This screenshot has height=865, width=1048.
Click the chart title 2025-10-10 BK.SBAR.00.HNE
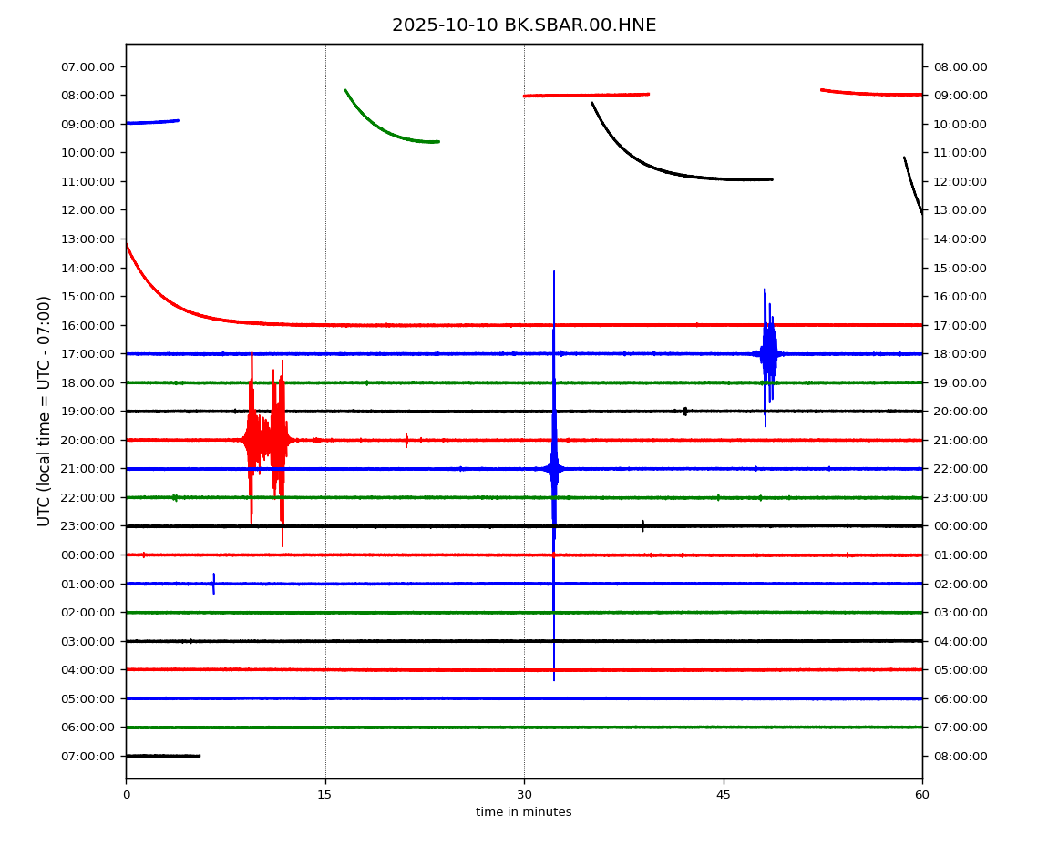click(x=524, y=25)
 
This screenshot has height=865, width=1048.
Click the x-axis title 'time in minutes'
click(x=524, y=812)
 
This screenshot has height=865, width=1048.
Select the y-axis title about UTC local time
click(x=45, y=411)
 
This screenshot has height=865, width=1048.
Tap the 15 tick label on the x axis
click(x=324, y=795)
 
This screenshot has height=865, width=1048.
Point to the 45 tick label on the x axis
click(x=724, y=795)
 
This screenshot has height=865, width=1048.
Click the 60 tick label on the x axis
click(x=922, y=795)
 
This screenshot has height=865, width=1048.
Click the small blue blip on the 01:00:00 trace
click(x=213, y=584)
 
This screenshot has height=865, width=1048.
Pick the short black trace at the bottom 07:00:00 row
click(x=162, y=756)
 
